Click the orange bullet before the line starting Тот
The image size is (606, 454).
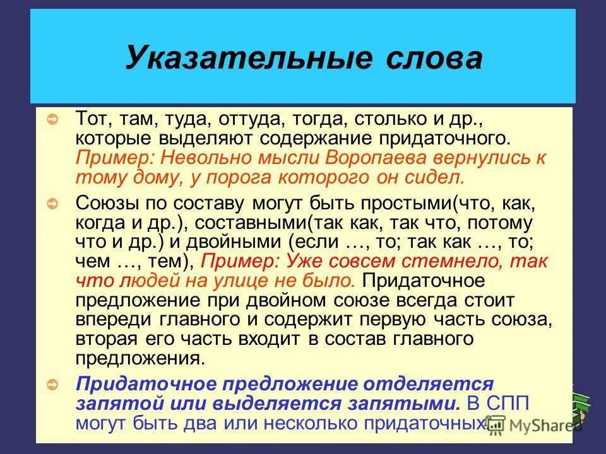tap(54, 119)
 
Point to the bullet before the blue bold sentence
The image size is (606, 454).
tap(54, 383)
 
